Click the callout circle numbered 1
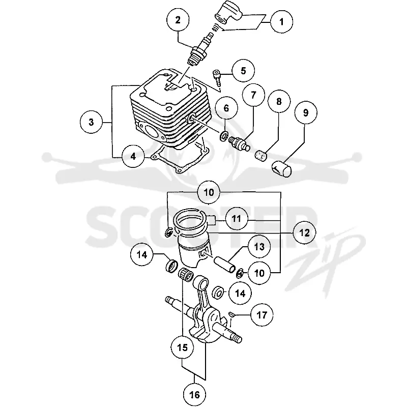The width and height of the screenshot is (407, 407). coord(281,21)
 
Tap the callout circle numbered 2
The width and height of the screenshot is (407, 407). coord(178,20)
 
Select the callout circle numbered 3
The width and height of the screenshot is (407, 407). coord(91,122)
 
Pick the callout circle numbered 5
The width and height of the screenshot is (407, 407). coord(243,71)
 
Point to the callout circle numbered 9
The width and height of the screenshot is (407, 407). coord(306,113)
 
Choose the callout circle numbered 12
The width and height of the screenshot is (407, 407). coord(304,232)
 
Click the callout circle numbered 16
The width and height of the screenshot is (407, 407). coord(195,395)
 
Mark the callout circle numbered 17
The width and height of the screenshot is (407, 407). coord(261,315)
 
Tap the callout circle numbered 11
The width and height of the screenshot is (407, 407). coord(236,219)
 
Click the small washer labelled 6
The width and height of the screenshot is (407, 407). coord(224,135)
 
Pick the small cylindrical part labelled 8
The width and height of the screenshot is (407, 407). coord(260,155)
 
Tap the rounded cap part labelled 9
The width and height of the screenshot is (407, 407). coord(282,168)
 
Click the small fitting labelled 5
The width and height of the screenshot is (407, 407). coord(217,77)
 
